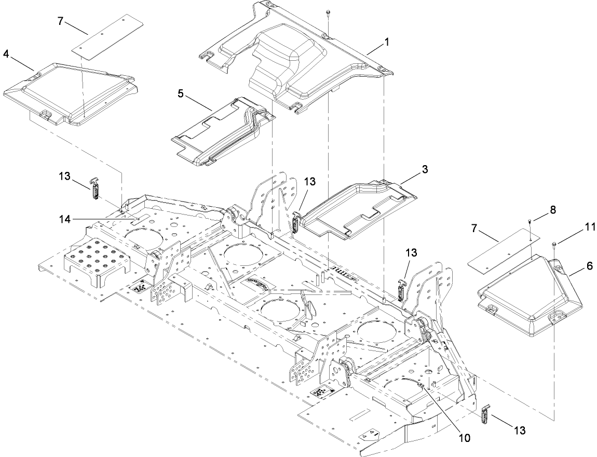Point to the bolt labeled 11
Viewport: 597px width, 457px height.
555,244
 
